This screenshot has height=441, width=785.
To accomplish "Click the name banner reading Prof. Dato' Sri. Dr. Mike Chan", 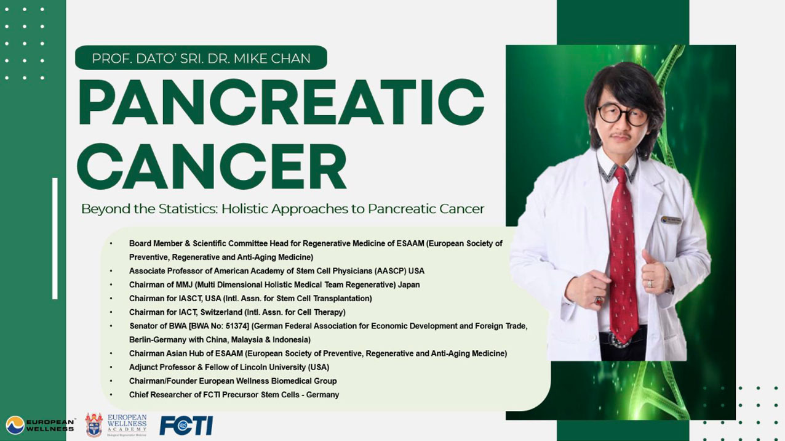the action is click(x=201, y=57).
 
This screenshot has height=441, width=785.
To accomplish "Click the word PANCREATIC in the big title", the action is click(x=281, y=102).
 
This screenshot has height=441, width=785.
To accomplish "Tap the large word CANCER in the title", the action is click(x=212, y=166).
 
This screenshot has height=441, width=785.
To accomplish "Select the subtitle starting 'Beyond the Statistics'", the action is click(x=282, y=209).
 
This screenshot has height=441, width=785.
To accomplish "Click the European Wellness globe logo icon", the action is click(x=15, y=425).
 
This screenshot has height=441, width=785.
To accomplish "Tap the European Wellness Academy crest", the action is click(x=94, y=425).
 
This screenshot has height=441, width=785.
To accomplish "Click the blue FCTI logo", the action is click(x=186, y=426).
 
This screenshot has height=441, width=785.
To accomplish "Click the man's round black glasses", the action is click(x=623, y=115).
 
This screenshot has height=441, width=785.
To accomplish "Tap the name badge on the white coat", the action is click(x=671, y=220).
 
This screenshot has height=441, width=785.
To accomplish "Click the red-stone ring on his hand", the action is click(x=599, y=301).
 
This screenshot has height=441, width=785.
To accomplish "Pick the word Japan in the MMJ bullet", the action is click(x=408, y=285).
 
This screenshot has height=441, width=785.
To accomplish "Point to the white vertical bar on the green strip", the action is click(x=55, y=238).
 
